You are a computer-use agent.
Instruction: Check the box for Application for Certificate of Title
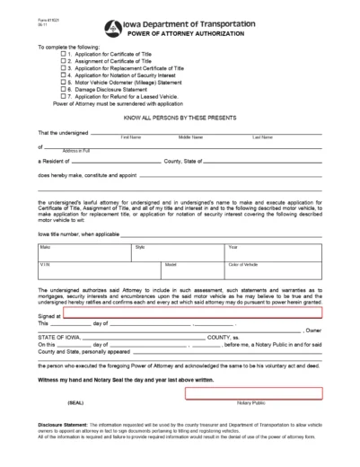coord(64,55)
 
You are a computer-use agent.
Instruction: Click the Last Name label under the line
coord(262,137)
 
